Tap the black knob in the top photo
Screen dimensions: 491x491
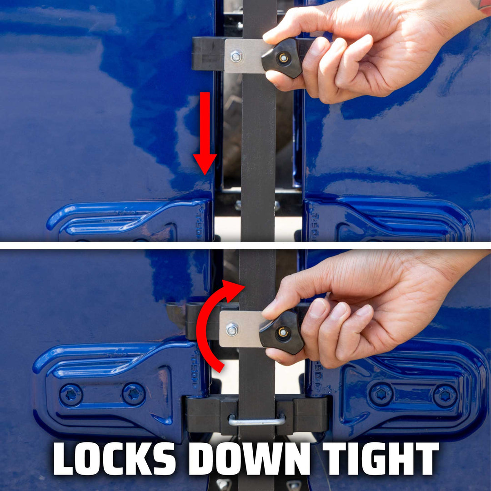coord(283,58)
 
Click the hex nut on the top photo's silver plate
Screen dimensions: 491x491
coord(235,56)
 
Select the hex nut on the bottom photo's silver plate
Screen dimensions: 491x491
coord(232,330)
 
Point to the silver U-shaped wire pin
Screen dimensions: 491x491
coord(256,421)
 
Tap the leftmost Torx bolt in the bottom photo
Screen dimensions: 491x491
coord(71,395)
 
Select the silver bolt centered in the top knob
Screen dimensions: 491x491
coord(283,58)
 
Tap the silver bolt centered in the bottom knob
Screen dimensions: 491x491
coord(283,332)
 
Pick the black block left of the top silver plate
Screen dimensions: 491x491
coord(208,54)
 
